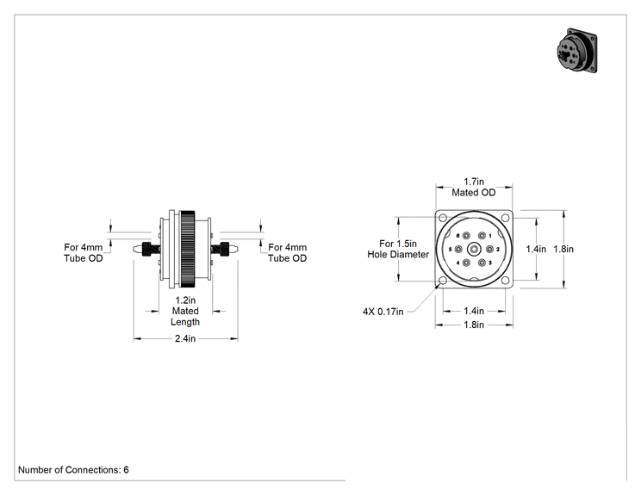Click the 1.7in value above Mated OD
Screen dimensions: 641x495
click(474, 182)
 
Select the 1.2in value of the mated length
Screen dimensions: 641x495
click(185, 300)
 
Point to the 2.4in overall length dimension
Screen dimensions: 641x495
click(185, 338)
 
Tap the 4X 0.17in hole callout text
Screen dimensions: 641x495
click(383, 312)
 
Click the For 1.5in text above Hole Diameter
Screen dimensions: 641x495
click(398, 244)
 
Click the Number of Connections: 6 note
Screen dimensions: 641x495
click(73, 470)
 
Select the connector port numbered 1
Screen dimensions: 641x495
click(482, 236)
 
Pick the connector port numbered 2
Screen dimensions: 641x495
click(489, 249)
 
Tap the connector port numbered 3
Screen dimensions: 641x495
click(482, 263)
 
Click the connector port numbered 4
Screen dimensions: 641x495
click(466, 263)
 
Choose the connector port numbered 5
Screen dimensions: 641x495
click(458, 249)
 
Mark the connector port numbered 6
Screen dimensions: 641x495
click(466, 236)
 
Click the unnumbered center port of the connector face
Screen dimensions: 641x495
click(474, 249)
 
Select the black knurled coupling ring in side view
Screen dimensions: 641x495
click(187, 249)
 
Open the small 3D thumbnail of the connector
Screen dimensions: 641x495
click(577, 51)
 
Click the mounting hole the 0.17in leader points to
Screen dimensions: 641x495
click(442, 281)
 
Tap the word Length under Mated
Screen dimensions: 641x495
click(185, 322)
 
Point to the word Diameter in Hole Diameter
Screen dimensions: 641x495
click(408, 255)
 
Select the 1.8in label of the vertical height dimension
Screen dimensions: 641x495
click(563, 249)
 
